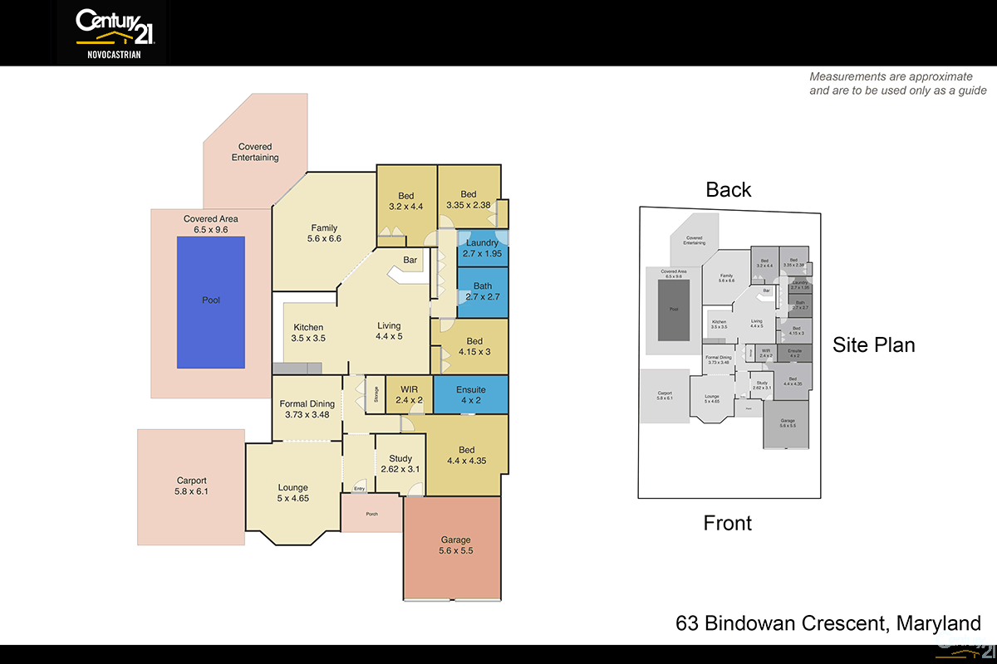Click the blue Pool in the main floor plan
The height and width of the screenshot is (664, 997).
click(211, 302)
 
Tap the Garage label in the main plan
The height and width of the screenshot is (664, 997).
click(455, 539)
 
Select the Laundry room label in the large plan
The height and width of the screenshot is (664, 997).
click(482, 243)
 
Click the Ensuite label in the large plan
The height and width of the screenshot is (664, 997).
click(470, 389)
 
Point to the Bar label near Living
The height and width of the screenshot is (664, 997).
click(410, 261)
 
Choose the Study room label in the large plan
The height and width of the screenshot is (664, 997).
click(400, 458)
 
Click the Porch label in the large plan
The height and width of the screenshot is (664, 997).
click(372, 514)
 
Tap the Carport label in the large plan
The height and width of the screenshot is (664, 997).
click(191, 481)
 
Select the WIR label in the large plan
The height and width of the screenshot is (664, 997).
click(409, 389)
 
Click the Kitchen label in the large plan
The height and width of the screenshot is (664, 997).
click(307, 328)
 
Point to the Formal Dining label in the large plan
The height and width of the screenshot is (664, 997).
click(307, 404)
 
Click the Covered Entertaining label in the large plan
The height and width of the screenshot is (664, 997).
click(255, 152)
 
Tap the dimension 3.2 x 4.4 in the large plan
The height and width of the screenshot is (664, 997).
click(406, 207)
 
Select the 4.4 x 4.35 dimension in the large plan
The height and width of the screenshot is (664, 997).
click(466, 461)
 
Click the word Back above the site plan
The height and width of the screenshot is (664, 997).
click(729, 189)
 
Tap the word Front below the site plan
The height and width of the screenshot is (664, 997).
click(727, 523)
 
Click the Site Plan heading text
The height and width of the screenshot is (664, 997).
click(874, 345)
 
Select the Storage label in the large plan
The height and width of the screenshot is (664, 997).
click(376, 393)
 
